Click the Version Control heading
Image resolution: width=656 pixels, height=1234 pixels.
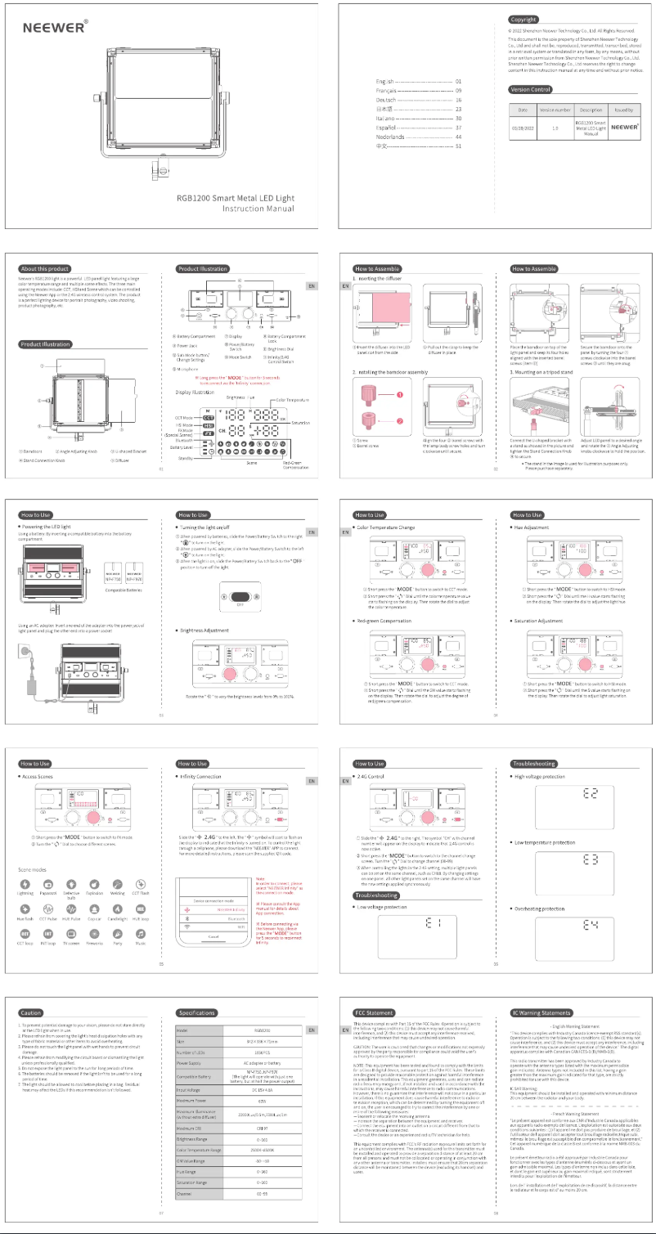tap(530, 88)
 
